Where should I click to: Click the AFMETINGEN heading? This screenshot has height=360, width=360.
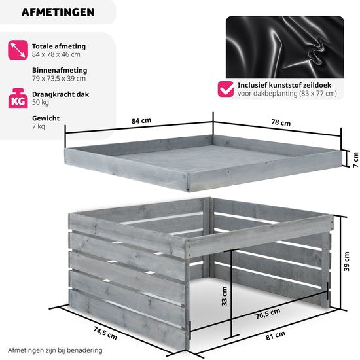[x=58, y=12]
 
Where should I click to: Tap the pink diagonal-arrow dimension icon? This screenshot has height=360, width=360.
[x=18, y=50]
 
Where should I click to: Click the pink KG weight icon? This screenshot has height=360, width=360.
[x=18, y=98]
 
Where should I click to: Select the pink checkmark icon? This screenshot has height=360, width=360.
[x=226, y=89]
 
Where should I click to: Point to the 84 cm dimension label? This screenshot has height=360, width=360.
[x=141, y=121]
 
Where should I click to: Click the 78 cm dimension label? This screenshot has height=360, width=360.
[x=281, y=122]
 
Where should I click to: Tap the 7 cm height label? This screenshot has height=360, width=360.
[x=355, y=160]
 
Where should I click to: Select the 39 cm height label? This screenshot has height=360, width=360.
[x=346, y=261]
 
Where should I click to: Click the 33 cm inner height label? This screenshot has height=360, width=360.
[x=225, y=296]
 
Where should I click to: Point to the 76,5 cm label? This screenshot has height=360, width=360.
[x=268, y=314]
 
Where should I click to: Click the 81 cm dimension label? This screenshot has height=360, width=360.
[x=276, y=335]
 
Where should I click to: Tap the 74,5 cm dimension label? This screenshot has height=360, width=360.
[x=105, y=333]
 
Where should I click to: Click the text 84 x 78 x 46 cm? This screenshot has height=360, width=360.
[x=56, y=54]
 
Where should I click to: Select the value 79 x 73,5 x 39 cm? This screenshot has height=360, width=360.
[x=59, y=79]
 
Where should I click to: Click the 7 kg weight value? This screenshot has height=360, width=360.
[x=39, y=126]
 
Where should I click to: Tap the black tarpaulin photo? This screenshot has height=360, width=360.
[x=285, y=47]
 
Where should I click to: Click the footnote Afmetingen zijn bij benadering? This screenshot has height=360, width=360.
[x=55, y=350]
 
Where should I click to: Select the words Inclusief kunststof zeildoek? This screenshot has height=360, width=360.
[x=284, y=85]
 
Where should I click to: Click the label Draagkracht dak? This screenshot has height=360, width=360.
[x=60, y=94]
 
